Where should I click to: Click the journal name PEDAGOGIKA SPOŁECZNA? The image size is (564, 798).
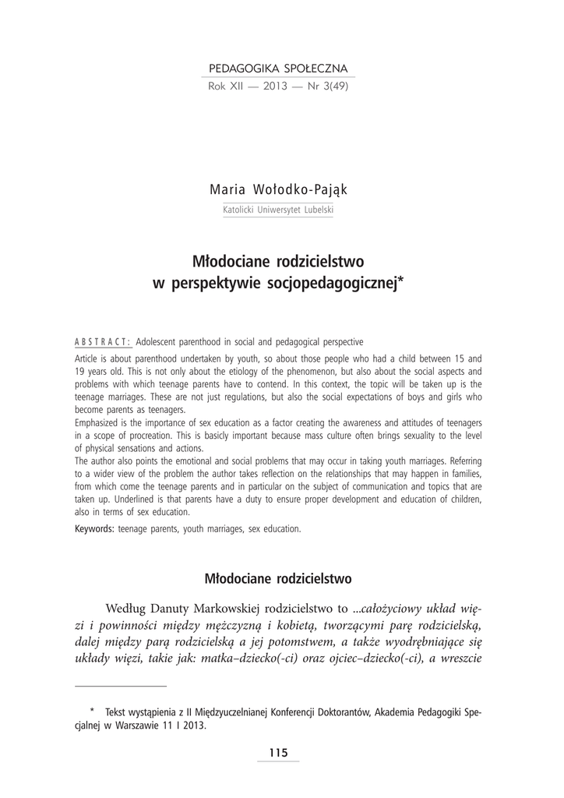tap(277, 69)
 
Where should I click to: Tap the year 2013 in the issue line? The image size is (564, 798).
tap(277, 87)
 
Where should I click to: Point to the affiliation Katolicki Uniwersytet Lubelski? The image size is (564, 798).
tap(277, 210)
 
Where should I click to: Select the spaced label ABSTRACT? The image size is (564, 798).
tap(103, 342)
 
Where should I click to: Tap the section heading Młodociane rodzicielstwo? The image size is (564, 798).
tap(277, 579)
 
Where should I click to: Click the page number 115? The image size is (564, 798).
tap(278, 752)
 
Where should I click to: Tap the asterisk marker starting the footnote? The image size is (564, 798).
tap(92, 711)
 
